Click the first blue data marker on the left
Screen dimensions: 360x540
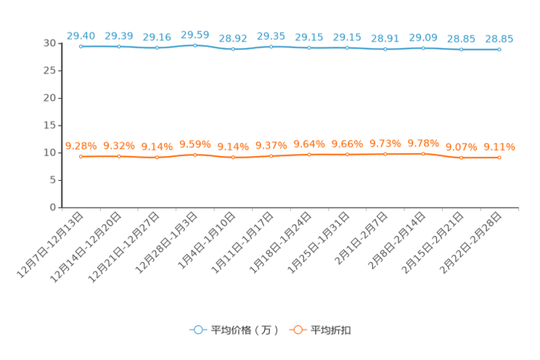[81, 46]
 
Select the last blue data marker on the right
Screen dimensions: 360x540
[499, 49]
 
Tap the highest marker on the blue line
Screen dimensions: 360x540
[195, 45]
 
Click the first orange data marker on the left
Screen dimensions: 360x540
[81, 157]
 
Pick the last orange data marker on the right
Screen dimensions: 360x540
[499, 157]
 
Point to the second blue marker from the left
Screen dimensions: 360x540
[119, 46]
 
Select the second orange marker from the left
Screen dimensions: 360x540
[119, 156]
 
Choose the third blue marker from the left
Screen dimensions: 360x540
[157, 48]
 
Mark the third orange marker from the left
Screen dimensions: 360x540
[157, 157]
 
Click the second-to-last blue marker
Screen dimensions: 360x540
[461, 49]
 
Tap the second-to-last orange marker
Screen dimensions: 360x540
[461, 158]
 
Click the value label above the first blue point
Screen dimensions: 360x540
[81, 35]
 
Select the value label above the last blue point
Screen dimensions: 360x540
[499, 38]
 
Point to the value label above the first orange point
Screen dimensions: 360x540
[81, 146]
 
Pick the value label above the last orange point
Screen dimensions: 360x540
[499, 147]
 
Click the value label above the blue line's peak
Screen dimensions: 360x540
[195, 33]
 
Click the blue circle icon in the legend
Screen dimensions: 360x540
[197, 330]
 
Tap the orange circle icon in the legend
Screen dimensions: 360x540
[296, 330]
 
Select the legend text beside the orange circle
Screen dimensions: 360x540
[332, 330]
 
